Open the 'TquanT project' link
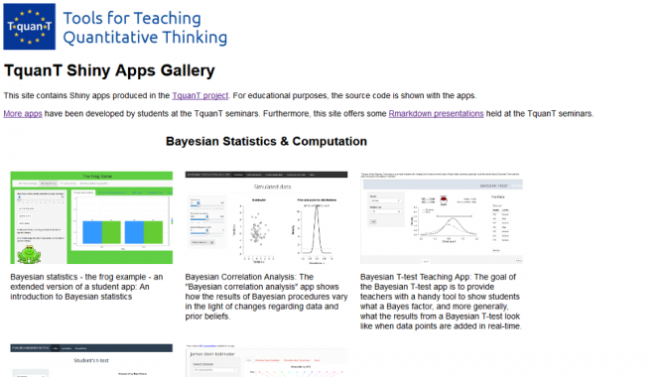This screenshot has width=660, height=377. coord(199,95)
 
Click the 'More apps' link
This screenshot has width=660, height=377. coord(22,114)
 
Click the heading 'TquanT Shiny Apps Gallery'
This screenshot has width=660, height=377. coord(108,71)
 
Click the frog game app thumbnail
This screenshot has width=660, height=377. coord(91,217)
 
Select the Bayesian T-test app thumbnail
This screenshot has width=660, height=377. coord(442,217)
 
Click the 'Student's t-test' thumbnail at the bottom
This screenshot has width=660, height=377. coord(91,362)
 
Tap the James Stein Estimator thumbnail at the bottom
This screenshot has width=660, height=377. coord(266,363)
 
